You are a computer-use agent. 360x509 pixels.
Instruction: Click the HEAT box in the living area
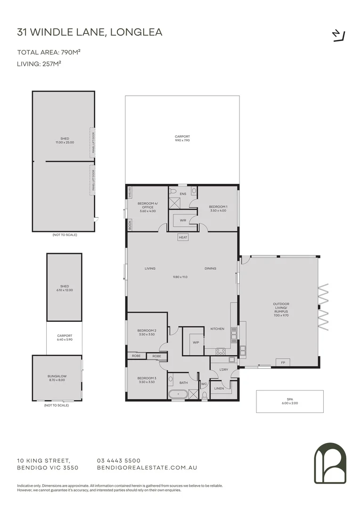pyautogui.click(x=183, y=238)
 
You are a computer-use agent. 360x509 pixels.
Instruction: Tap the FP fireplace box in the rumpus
pyautogui.click(x=283, y=362)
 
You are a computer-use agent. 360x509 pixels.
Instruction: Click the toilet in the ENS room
pyautogui.click(x=173, y=192)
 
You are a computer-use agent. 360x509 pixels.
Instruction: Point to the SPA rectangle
pyautogui.click(x=290, y=402)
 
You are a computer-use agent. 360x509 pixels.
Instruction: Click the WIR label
pyautogui.click(x=183, y=220)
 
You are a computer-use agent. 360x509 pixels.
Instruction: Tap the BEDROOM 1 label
pyautogui.click(x=218, y=207)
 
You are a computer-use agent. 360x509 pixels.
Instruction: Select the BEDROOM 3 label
pyautogui.click(x=147, y=378)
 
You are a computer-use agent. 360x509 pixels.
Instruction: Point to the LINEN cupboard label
pyautogui.click(x=219, y=389)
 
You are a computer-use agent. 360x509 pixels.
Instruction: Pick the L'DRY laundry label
pyautogui.click(x=223, y=369)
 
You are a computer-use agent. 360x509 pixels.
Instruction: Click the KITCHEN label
pyautogui.click(x=217, y=328)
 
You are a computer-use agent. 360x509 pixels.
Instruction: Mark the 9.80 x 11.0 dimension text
pyautogui.click(x=180, y=277)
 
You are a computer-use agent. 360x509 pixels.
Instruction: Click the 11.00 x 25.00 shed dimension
pyautogui.click(x=64, y=142)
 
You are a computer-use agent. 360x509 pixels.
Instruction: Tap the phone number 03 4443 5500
pyautogui.click(x=118, y=460)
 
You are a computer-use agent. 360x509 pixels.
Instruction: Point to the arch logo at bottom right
pyautogui.click(x=330, y=463)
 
